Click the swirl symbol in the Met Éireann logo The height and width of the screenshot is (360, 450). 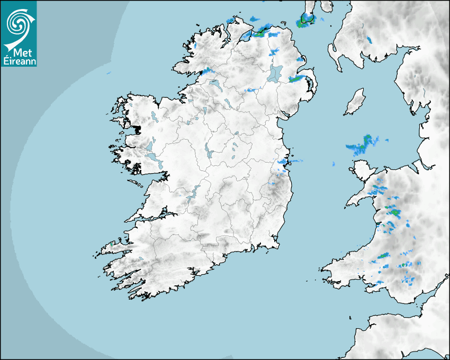pyautogui.click(x=17, y=22)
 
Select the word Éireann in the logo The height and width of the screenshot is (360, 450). pyautogui.click(x=19, y=61)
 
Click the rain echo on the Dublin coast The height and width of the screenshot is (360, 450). pyautogui.click(x=283, y=161)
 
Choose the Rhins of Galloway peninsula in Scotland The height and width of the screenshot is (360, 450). pyautogui.click(x=334, y=52)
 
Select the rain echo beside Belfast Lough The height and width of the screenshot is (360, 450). pyautogui.click(x=297, y=79)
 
